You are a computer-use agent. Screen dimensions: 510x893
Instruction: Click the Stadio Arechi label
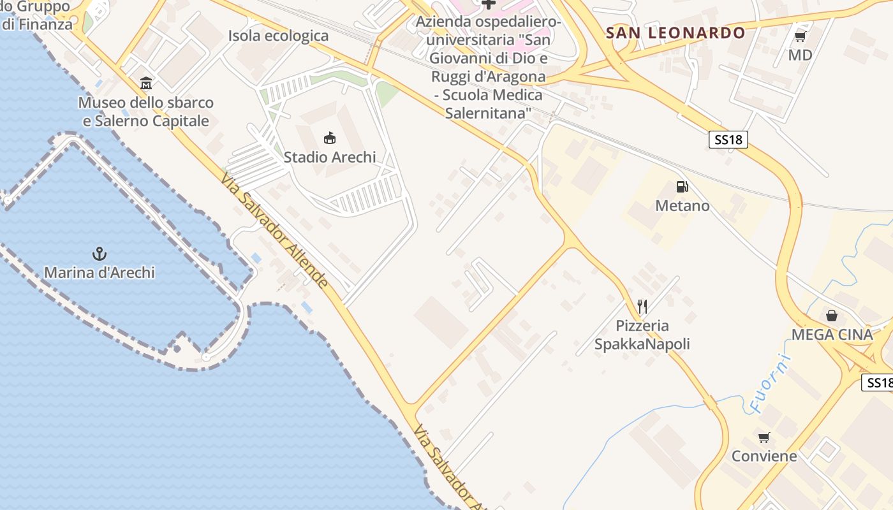pos(330,157)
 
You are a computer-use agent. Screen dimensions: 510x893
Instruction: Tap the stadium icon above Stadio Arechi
pos(330,138)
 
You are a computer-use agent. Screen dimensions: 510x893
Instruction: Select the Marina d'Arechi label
pos(100,273)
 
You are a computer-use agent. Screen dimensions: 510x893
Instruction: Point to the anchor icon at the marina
pos(100,254)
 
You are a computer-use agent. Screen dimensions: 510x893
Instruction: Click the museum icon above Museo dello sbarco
pos(146,84)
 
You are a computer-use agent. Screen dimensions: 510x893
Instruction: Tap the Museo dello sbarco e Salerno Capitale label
pos(146,112)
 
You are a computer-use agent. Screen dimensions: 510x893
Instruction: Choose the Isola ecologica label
pos(278,36)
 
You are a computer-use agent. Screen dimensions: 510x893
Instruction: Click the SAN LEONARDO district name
pos(675,33)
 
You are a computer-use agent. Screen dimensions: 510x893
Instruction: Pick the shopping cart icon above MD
pos(801,37)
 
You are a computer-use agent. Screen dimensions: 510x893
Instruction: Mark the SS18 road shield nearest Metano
pos(728,140)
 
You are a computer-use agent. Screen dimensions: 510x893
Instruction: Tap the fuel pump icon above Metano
pos(682,187)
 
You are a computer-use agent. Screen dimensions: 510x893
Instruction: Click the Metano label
pos(683,206)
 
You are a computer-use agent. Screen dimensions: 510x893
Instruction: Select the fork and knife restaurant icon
pos(642,307)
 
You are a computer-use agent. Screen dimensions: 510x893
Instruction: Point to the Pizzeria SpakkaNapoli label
pos(642,335)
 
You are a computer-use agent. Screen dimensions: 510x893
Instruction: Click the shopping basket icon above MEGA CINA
pos(832,316)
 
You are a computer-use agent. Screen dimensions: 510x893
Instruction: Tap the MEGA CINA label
pos(832,335)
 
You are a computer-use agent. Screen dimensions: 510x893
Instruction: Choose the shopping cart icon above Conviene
pos(764,437)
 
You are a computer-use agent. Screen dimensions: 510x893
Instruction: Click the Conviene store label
pos(764,456)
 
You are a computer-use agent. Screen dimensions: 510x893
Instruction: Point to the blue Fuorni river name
pos(770,382)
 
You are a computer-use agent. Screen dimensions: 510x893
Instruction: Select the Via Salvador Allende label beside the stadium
pos(275,230)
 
